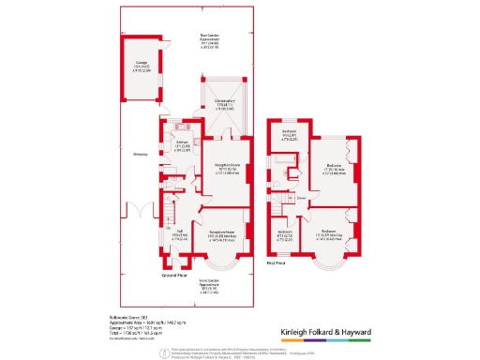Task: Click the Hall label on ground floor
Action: (x=177, y=234)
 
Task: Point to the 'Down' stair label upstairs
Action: (x=302, y=199)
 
